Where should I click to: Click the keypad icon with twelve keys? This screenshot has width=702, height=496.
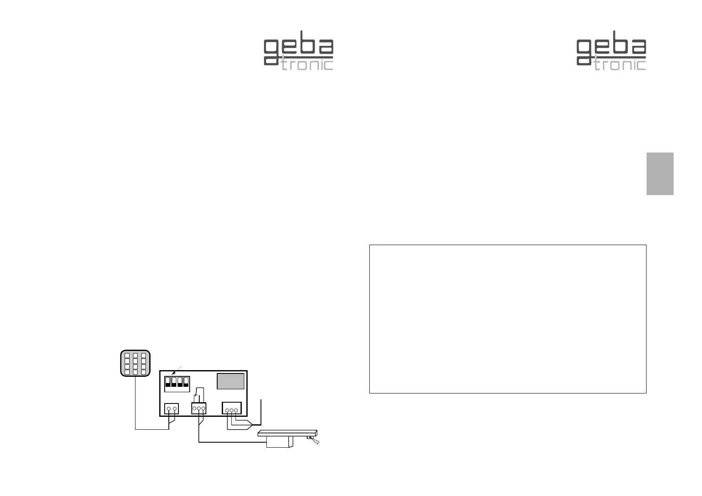point(135,363)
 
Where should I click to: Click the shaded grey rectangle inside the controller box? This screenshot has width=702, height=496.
point(231,381)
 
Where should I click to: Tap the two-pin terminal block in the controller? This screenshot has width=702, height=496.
point(171,408)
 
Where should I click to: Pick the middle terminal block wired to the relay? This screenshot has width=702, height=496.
point(199,408)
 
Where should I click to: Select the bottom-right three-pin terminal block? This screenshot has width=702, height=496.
point(232,408)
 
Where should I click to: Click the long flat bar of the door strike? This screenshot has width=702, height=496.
point(288,433)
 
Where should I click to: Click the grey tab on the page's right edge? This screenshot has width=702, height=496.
point(660,173)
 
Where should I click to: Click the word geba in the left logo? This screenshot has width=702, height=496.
point(298,49)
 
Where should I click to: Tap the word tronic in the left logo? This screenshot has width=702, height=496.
point(308,65)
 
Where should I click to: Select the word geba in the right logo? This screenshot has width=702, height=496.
point(611,49)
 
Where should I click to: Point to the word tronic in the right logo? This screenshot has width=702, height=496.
point(620,65)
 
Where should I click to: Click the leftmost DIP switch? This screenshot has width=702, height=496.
point(168,382)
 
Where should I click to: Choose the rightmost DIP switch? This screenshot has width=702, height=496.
point(186,382)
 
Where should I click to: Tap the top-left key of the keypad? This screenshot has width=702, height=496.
point(127,356)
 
